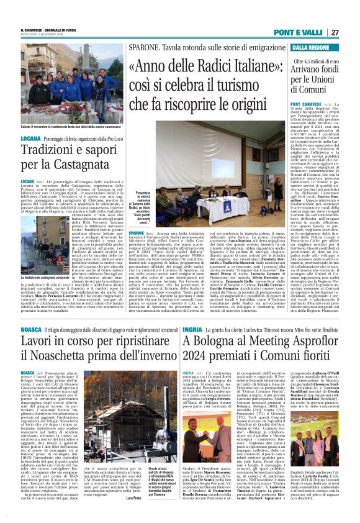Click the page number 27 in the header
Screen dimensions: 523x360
pos(352,32)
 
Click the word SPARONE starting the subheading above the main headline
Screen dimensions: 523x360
pos(143,47)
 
